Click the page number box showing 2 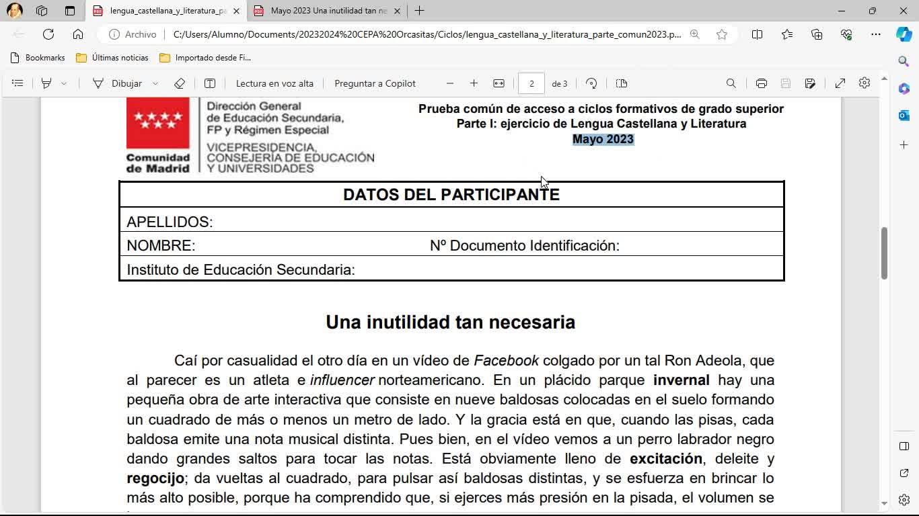pos(531,83)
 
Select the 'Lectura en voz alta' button pos(274,83)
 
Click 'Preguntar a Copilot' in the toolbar pos(375,83)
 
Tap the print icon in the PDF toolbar pos(761,83)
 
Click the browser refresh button pos(48,34)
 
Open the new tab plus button pos(419,11)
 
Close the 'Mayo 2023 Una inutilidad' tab pos(397,11)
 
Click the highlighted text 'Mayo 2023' pos(603,139)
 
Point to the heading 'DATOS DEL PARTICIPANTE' pos(451,195)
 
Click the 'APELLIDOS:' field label pos(170,222)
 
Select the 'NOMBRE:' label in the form pos(161,246)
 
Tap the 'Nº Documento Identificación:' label pos(524,246)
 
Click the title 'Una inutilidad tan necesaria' pos(450,322)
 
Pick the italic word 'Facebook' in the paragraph pos(506,361)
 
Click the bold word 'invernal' pos(681,380)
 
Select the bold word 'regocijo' pos(155,478)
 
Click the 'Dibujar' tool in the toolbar pos(126,83)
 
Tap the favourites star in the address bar pos(722,34)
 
